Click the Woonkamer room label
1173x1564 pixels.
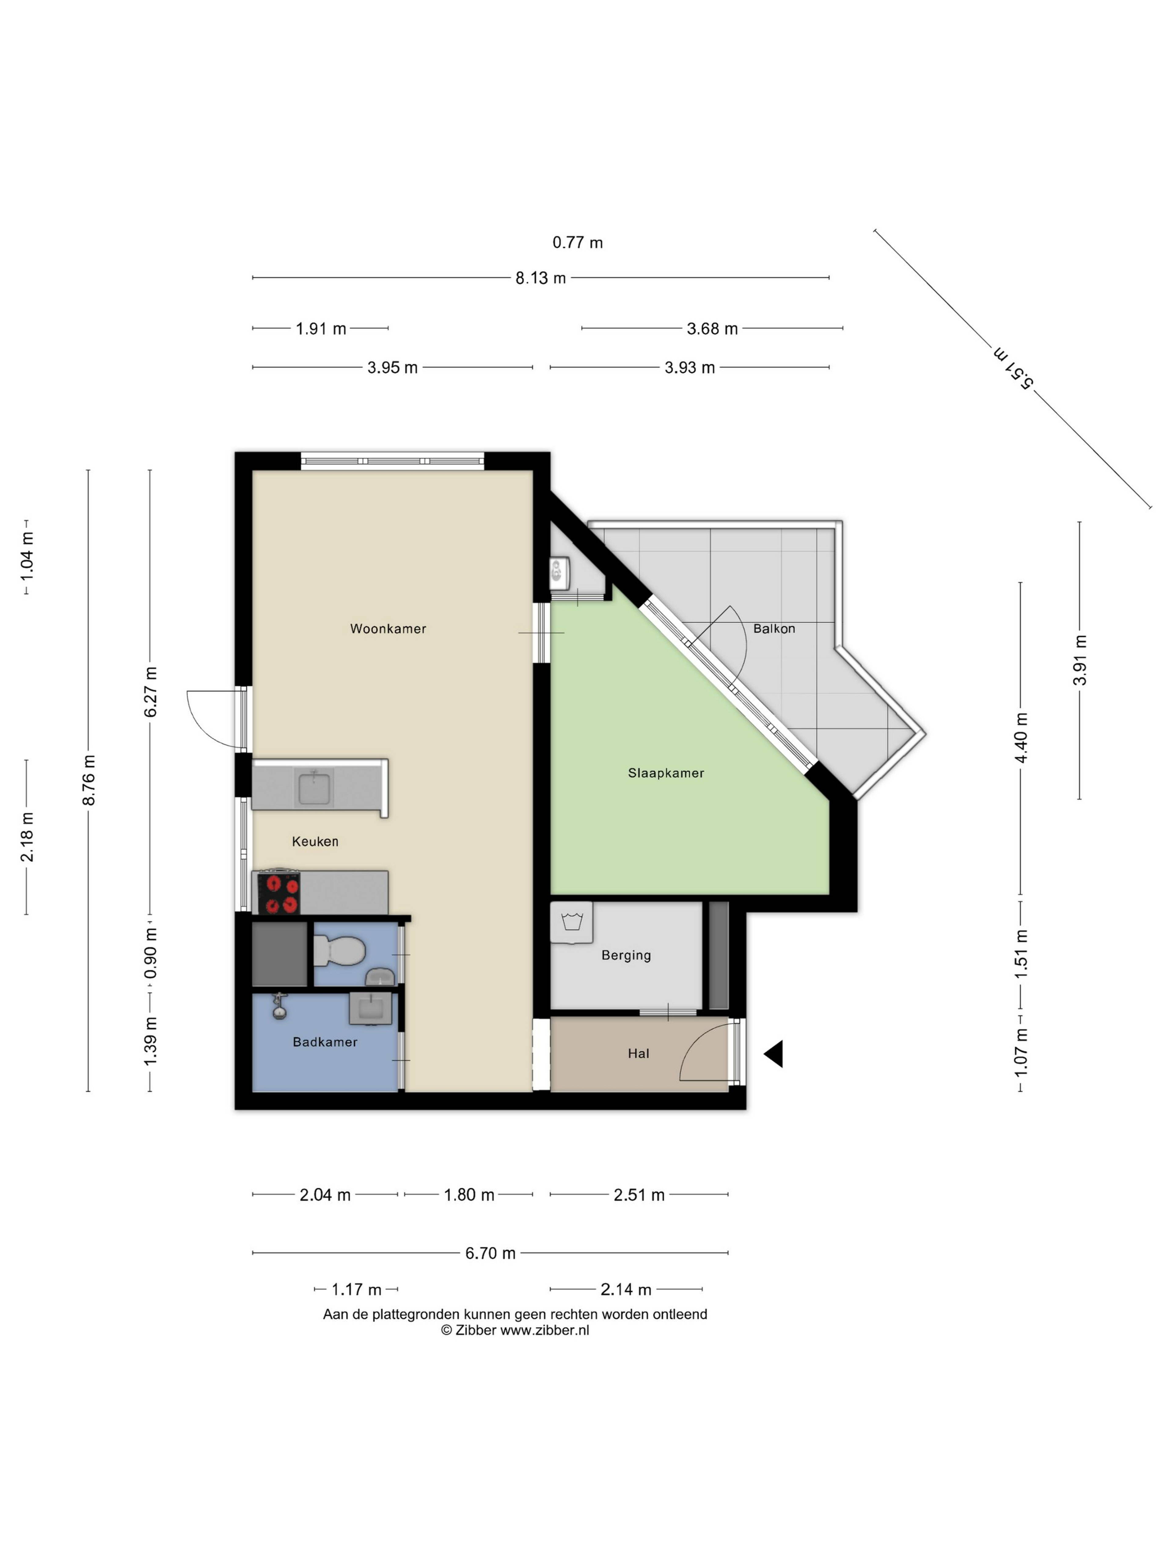[388, 629]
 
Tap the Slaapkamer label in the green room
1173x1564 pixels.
[666, 773]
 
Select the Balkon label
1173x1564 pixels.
[774, 629]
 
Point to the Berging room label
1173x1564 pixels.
[626, 955]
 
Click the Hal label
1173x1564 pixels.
[638, 1054]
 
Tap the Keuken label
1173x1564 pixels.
[315, 841]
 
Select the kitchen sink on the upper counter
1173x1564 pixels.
[315, 788]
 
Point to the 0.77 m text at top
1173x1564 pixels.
[578, 243]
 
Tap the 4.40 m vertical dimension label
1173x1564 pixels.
[1020, 737]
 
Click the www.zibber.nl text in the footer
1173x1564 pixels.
[544, 1330]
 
